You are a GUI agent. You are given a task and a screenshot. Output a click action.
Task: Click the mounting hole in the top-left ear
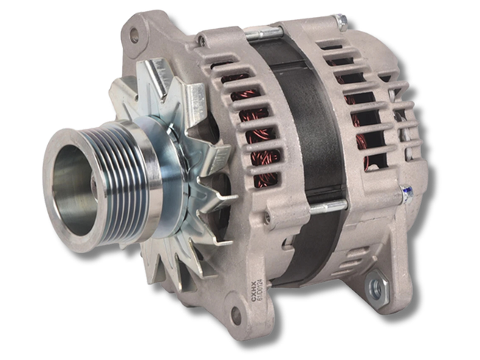134,34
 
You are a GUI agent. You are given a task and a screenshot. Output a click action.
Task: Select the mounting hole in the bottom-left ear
237,314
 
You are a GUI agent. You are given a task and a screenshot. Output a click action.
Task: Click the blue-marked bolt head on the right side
406,193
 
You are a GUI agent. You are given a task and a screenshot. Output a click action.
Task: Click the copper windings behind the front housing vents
255,133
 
